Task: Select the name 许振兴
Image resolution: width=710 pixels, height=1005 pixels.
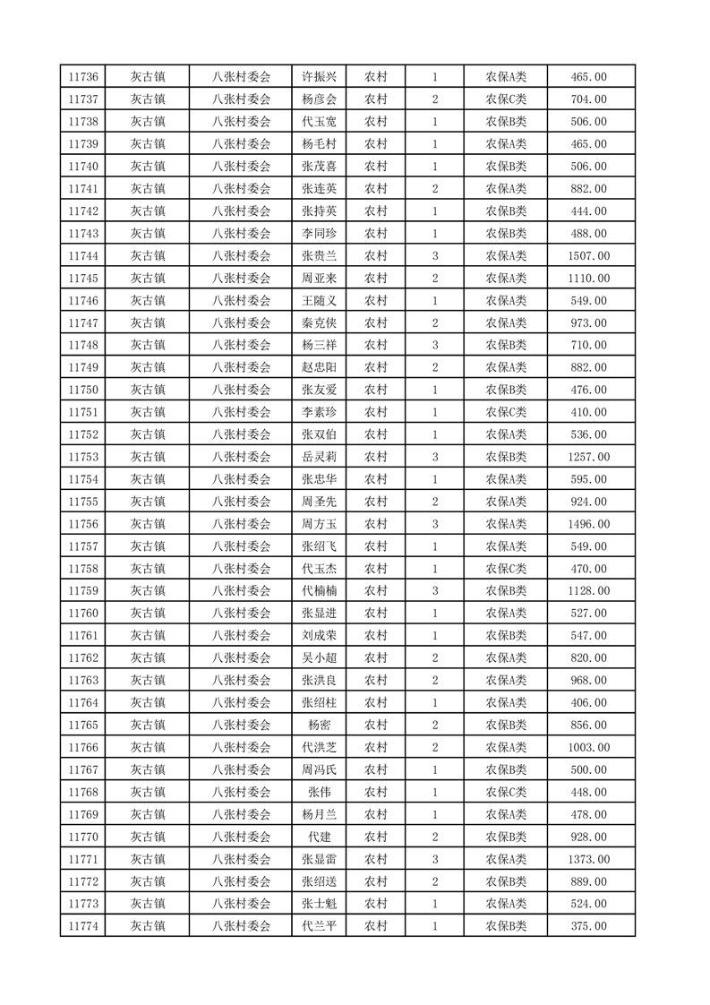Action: click(319, 77)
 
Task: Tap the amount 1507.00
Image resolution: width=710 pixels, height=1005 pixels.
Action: click(588, 256)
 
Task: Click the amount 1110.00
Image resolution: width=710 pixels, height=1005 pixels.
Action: click(588, 279)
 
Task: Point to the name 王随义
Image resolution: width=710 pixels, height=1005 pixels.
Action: click(319, 301)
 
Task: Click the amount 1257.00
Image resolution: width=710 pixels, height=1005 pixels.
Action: click(588, 457)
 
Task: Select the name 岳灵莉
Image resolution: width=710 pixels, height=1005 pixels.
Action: click(319, 457)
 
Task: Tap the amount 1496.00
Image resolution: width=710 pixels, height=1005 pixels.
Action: click(588, 524)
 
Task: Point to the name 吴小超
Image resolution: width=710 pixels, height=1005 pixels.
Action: click(319, 658)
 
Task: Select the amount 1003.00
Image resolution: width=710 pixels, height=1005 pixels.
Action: click(588, 747)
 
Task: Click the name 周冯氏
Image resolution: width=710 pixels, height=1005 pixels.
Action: click(319, 769)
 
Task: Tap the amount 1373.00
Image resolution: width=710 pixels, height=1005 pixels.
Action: click(588, 859)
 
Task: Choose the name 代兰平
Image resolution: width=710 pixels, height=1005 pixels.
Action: click(319, 926)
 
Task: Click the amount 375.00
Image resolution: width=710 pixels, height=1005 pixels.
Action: click(588, 926)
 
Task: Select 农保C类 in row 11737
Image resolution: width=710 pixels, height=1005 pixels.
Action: click(506, 99)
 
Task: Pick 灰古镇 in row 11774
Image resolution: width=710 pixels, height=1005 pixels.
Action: click(147, 926)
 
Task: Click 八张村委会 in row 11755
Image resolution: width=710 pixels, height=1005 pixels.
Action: click(241, 502)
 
